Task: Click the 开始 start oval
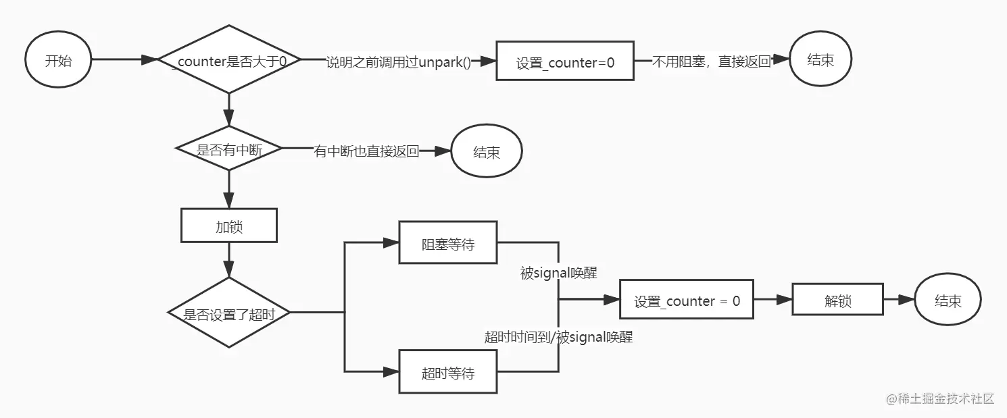point(58,60)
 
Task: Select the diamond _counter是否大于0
point(229,60)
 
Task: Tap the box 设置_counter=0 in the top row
point(565,62)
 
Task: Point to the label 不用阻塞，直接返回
point(712,61)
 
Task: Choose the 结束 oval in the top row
point(820,60)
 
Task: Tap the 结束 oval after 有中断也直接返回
point(486,152)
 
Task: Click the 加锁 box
point(229,226)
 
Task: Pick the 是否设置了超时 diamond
point(229,313)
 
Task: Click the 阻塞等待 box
point(448,243)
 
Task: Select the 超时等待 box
point(448,372)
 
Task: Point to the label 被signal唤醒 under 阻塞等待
point(558,273)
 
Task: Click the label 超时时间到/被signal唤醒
point(558,337)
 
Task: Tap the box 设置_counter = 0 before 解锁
point(687,301)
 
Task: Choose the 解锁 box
point(837,301)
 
